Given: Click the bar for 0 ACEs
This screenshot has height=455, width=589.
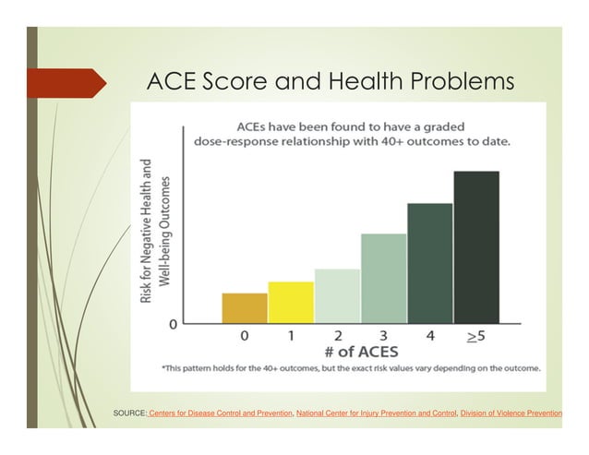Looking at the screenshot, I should [x=245, y=308].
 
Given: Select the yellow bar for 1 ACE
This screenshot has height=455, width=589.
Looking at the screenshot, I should [x=291, y=303].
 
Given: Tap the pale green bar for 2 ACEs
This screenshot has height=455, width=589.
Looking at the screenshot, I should [x=337, y=296].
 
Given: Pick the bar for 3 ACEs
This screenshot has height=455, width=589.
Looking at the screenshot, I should [x=383, y=279].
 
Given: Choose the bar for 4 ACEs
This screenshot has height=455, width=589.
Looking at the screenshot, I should [x=430, y=263].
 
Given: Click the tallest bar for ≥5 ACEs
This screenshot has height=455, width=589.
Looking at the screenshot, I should [x=476, y=247].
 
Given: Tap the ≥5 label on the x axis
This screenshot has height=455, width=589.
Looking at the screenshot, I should [x=476, y=337].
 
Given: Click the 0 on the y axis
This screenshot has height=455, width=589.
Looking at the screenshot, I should [x=173, y=325].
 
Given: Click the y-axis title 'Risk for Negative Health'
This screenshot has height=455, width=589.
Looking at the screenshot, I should [x=146, y=231].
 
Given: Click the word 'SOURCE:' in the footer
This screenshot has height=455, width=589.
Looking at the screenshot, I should [x=129, y=413].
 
